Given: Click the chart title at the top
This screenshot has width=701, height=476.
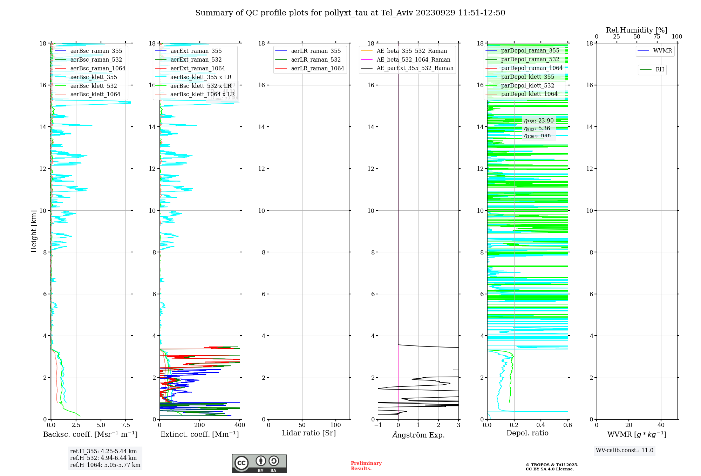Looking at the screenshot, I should (x=350, y=13).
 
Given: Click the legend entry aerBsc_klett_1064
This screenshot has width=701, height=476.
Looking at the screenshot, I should (x=95, y=94).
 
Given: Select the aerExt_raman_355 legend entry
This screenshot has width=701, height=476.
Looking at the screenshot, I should (x=196, y=51).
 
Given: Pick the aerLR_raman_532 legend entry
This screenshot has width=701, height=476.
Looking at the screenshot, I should (x=315, y=60).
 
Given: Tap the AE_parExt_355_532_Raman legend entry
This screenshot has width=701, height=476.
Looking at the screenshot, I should (x=415, y=68).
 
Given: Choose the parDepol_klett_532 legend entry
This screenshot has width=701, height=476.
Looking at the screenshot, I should (x=528, y=86).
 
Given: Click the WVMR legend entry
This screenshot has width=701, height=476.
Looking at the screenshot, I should (x=662, y=51).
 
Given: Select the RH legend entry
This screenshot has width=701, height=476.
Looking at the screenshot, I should (x=660, y=70).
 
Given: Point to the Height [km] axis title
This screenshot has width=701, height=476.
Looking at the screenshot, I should (x=34, y=231).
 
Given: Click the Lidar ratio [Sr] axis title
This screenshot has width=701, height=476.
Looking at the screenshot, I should (x=309, y=433).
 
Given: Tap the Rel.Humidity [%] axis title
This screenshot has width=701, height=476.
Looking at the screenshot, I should (x=637, y=30).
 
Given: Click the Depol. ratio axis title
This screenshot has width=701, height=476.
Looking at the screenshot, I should (x=527, y=433).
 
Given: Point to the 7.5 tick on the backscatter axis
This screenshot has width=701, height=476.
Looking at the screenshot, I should (x=126, y=425).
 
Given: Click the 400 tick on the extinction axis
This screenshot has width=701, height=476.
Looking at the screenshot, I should (x=240, y=425).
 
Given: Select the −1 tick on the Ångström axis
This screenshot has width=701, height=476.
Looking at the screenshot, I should (x=377, y=425).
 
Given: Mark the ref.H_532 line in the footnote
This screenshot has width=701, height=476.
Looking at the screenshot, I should (x=103, y=458).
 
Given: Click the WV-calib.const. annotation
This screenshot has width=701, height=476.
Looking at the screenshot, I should (x=625, y=450).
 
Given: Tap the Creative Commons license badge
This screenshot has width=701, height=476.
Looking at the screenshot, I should (x=259, y=463).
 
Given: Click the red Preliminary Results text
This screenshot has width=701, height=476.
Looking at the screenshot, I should (x=366, y=466).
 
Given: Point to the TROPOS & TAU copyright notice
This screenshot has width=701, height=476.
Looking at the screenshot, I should (x=552, y=467).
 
